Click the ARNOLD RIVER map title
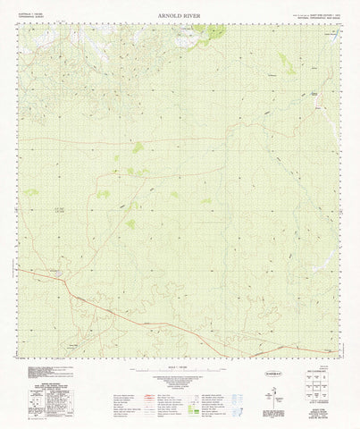point(180,15)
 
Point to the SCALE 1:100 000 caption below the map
point(180,369)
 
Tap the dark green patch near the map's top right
point(284,62)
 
